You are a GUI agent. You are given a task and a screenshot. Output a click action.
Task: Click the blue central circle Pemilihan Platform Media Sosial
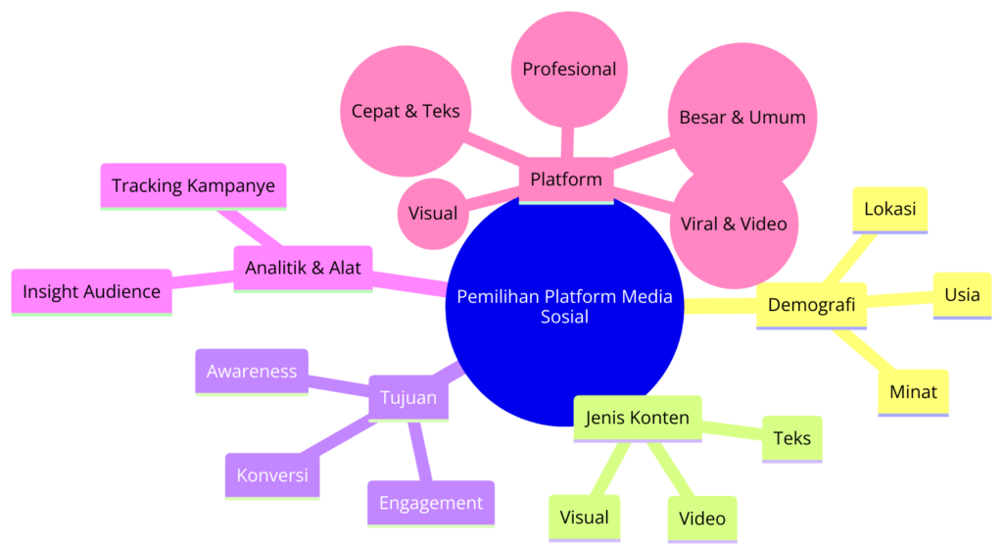(x=565, y=306)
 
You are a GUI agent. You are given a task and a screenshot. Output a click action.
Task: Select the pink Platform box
(x=566, y=179)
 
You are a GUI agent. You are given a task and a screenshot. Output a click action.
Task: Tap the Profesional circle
(x=569, y=70)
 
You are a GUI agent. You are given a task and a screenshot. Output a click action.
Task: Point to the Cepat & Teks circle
(x=406, y=111)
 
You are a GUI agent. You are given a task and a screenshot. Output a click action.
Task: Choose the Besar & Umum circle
(x=742, y=118)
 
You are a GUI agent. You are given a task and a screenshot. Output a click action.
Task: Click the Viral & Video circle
(x=734, y=224)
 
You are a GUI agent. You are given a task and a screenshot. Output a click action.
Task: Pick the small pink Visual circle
(x=433, y=213)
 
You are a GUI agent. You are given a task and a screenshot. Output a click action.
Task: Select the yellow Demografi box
(x=811, y=305)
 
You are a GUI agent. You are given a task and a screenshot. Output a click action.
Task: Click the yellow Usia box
(x=962, y=294)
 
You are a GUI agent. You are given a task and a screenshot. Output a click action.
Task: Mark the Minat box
(x=913, y=392)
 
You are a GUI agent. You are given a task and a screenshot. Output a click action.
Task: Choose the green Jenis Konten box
(x=637, y=418)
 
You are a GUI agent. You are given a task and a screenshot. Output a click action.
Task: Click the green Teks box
(x=791, y=438)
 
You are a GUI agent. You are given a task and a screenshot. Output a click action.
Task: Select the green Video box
(x=701, y=519)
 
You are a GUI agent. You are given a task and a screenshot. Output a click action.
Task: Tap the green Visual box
(x=584, y=518)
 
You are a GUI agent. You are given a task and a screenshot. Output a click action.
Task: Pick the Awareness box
(x=252, y=372)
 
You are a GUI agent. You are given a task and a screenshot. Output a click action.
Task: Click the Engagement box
(x=431, y=503)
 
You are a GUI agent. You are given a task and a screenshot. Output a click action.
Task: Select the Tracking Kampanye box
(x=193, y=185)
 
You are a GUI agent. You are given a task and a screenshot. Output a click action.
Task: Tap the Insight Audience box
(x=91, y=291)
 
